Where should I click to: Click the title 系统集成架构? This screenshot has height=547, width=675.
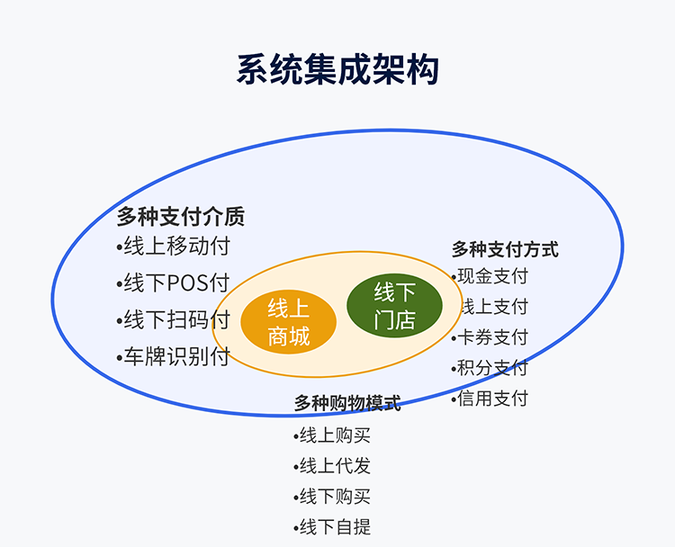coord(337,69)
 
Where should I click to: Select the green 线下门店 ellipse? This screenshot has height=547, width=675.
coord(394,305)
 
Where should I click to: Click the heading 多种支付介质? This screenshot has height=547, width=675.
coord(180,217)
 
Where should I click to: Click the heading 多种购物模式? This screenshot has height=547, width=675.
coord(347,403)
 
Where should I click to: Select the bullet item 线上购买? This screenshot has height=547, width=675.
coord(332,435)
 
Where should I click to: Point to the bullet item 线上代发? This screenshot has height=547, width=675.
coord(332,466)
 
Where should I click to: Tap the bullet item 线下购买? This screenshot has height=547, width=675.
coord(332,497)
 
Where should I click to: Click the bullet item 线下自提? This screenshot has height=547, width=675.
coord(332,527)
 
